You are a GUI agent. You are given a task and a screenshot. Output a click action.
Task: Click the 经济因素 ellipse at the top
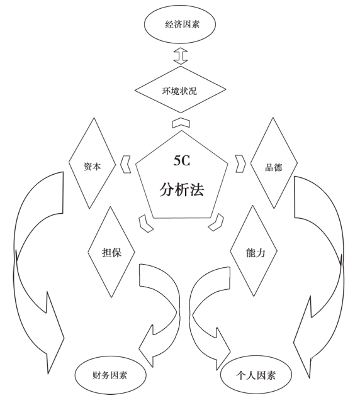pos(179,25)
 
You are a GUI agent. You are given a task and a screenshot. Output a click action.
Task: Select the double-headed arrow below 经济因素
pos(181,56)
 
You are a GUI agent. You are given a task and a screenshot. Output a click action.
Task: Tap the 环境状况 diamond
pos(181,89)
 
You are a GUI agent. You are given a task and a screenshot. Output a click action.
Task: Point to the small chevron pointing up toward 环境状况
pos(181,123)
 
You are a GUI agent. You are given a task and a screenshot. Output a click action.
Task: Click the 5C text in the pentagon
pos(182,160)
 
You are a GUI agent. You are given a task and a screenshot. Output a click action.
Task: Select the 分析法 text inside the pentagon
pos(182,190)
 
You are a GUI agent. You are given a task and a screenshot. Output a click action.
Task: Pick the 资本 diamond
pos(93,163)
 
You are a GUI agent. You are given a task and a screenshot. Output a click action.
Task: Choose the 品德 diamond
pos(274,163)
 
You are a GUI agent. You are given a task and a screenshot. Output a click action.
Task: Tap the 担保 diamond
pos(111,252)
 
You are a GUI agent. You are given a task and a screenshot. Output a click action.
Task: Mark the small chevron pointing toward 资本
pos(125,164)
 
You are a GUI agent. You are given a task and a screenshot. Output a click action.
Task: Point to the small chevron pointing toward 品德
pos(240,163)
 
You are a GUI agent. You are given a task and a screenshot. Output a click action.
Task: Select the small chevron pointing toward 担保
pos(145,223)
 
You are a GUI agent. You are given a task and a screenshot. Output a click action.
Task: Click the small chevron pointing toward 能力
pos(217,222)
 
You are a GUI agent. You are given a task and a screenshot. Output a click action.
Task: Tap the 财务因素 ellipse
pos(111,375)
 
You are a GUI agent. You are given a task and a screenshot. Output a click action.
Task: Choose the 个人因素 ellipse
pos(256,375)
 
